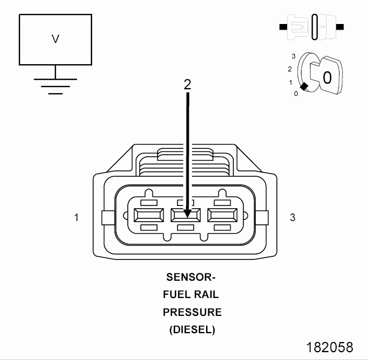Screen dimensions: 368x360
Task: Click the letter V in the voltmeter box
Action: pyautogui.click(x=55, y=39)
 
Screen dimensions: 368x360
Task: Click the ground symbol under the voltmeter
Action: pyautogui.click(x=55, y=87)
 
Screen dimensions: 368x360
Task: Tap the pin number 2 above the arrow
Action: pyautogui.click(x=187, y=84)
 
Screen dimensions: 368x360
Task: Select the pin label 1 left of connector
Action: pyautogui.click(x=77, y=218)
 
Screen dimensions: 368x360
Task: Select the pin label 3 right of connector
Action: pyautogui.click(x=293, y=218)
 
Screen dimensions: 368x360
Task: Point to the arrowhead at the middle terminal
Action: pyautogui.click(x=187, y=214)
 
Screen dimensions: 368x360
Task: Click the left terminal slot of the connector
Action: pyautogui.click(x=149, y=215)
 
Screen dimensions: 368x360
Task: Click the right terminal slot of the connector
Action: pyautogui.click(x=222, y=215)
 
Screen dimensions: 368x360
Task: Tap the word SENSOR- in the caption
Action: pyautogui.click(x=191, y=277)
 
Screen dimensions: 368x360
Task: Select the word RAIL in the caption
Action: pyautogui.click(x=207, y=295)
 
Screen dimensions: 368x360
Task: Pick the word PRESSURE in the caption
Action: pyautogui.click(x=192, y=312)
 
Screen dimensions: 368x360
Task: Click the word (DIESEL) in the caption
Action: pyautogui.click(x=192, y=330)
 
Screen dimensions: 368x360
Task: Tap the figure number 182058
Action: pyautogui.click(x=329, y=347)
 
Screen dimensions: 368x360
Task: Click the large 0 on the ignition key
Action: pyautogui.click(x=327, y=78)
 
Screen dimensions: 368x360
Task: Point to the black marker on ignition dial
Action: pyautogui.click(x=304, y=87)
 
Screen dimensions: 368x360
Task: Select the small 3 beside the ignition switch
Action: pyautogui.click(x=293, y=56)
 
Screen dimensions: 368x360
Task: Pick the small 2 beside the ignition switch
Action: pyautogui.click(x=290, y=69)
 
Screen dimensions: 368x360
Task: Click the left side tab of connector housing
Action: pyautogui.click(x=108, y=218)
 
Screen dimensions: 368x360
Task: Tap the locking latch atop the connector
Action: pyautogui.click(x=185, y=154)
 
